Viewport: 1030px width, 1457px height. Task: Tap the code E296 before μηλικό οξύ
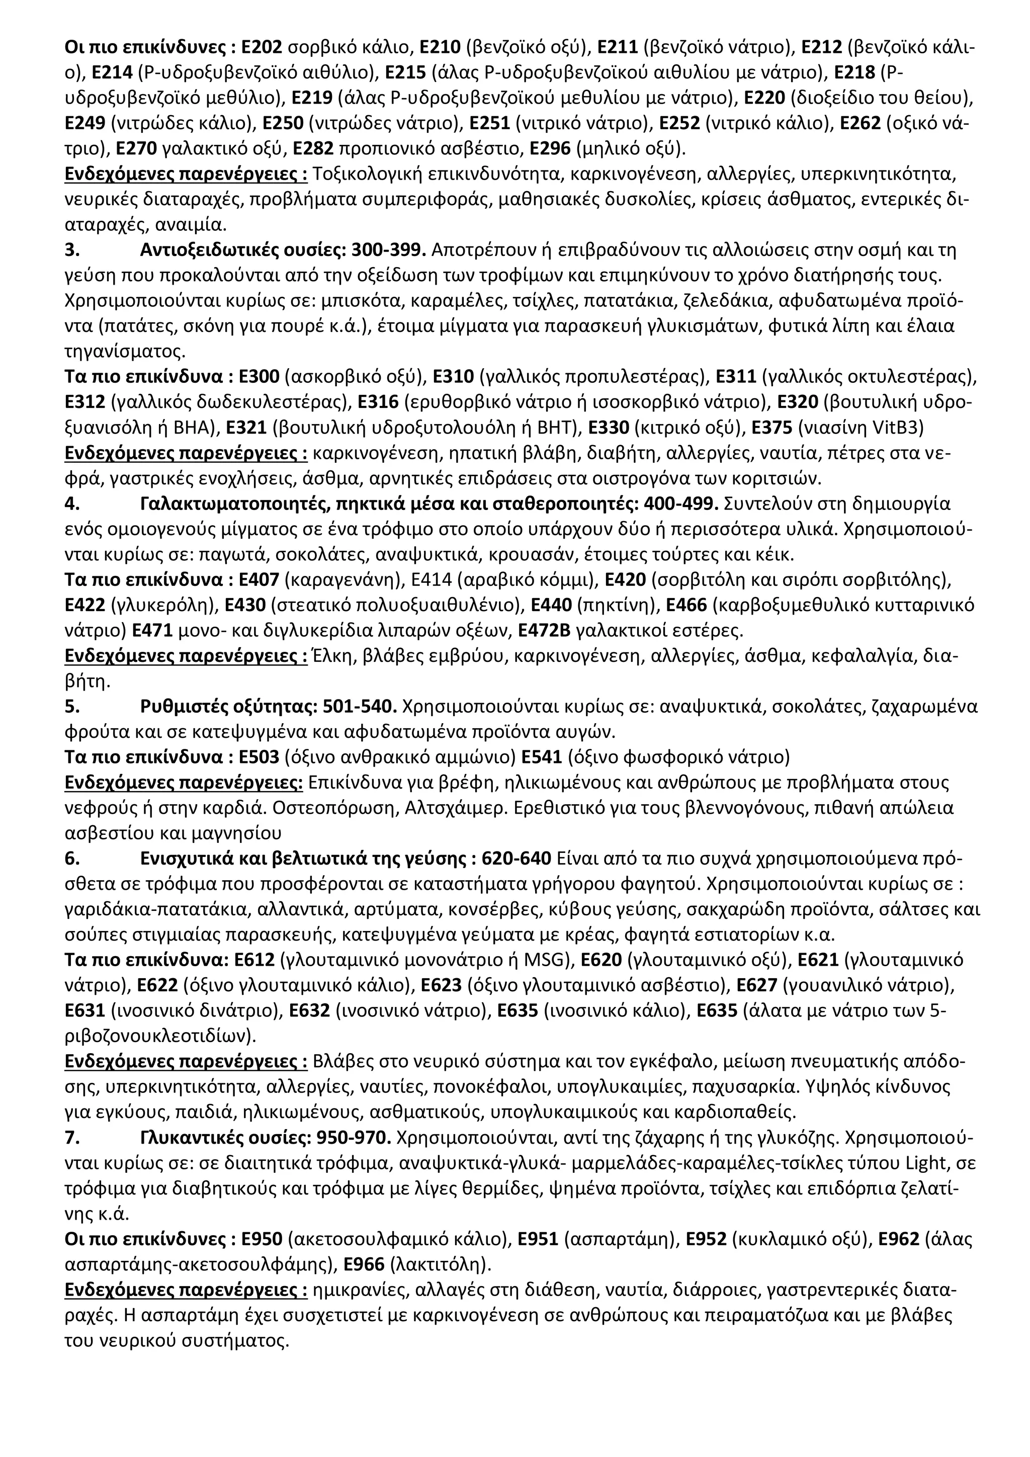(x=550, y=149)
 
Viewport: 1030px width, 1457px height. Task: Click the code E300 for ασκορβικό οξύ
(x=259, y=378)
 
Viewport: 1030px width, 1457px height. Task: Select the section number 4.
(x=72, y=504)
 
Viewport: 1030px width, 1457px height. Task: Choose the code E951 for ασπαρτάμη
(x=538, y=1241)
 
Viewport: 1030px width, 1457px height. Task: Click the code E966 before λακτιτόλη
(x=364, y=1266)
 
